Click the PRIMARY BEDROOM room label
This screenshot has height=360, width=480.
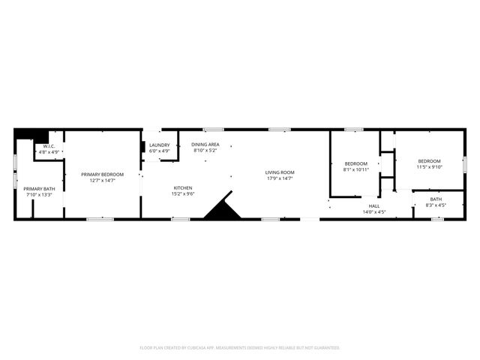pos(102,174)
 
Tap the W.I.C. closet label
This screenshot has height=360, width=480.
pos(49,146)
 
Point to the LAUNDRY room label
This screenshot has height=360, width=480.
pos(159,145)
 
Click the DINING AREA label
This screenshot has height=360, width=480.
pos(205,144)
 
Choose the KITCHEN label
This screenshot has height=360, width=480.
pos(184,187)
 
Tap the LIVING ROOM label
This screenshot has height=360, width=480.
pos(280,172)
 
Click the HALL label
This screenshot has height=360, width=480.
pos(373,206)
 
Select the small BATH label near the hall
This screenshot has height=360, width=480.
pos(436,199)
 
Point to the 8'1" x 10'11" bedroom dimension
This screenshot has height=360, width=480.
pos(356,169)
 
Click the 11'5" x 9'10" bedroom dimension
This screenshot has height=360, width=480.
pos(430,166)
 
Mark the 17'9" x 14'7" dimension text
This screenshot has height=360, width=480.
pos(280,178)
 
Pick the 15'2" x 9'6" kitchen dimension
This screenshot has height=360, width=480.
pos(184,193)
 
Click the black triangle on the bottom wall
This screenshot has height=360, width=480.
pos(223,206)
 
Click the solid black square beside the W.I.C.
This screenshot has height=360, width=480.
pos(25,135)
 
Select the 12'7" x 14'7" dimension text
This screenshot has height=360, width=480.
pos(102,180)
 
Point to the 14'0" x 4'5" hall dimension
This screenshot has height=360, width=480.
pos(373,212)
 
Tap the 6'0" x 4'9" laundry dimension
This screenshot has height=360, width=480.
pos(159,151)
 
